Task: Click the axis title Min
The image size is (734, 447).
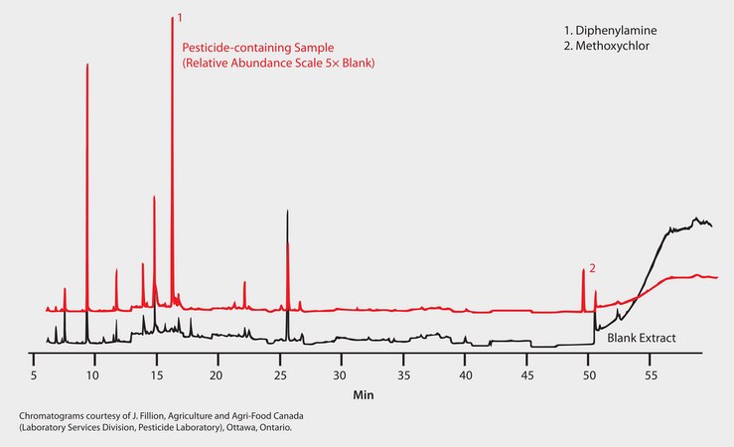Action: pos(364,395)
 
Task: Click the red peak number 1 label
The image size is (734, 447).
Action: pos(180,17)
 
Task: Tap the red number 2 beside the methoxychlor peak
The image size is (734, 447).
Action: pos(592,268)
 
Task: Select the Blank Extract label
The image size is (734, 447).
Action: pos(642,339)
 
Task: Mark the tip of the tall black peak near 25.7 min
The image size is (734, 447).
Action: pos(287,211)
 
